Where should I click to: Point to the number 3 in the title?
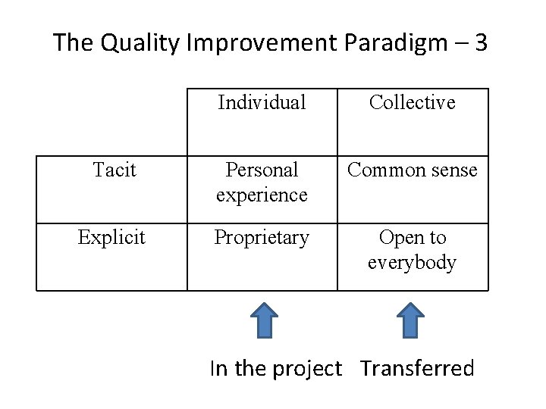click(480, 42)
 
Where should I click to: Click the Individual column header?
click(262, 102)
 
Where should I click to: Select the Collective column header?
click(413, 102)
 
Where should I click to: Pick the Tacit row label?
click(114, 170)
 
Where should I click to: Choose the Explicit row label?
click(111, 238)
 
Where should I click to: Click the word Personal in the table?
click(262, 170)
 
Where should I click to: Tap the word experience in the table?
click(262, 195)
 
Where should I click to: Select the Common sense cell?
click(413, 170)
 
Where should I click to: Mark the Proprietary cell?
click(262, 238)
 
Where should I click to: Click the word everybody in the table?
click(413, 263)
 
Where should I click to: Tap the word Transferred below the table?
click(417, 369)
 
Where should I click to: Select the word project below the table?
click(304, 370)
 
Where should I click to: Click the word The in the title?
click(73, 43)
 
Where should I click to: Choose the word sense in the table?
click(453, 170)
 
